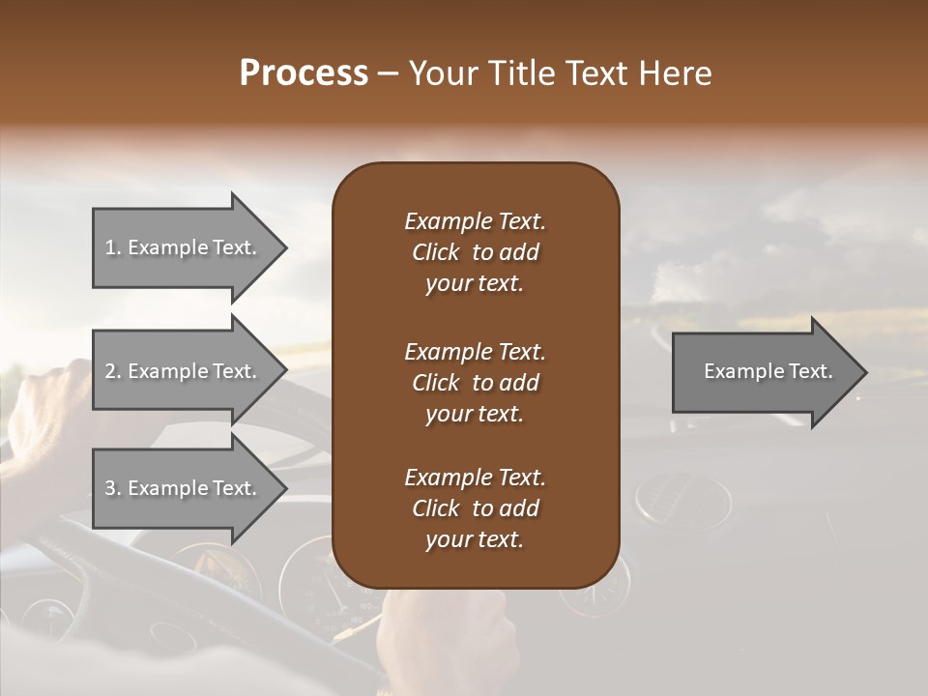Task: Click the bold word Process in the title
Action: (304, 73)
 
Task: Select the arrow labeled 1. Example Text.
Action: (184, 247)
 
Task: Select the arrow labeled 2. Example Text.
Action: (184, 371)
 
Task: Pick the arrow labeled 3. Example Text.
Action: (184, 488)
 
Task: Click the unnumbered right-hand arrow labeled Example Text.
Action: (764, 372)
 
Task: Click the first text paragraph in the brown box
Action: (475, 252)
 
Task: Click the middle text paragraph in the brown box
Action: (475, 382)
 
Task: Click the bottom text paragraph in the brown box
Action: (475, 508)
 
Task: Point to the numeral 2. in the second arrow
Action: (113, 371)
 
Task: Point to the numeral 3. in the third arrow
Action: (113, 488)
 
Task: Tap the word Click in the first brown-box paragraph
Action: (435, 252)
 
